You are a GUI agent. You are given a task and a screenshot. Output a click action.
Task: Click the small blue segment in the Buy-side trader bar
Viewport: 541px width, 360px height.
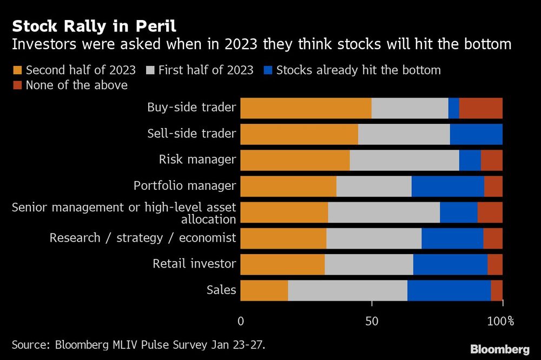tap(453, 108)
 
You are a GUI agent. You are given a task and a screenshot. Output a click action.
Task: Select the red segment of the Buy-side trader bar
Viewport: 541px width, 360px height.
tap(480, 108)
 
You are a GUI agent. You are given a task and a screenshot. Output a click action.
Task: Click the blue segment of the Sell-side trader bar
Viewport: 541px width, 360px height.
tap(476, 134)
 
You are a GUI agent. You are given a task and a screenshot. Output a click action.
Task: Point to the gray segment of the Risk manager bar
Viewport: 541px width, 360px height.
tap(404, 160)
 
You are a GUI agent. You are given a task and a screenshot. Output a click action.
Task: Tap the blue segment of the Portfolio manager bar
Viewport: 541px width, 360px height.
tap(447, 186)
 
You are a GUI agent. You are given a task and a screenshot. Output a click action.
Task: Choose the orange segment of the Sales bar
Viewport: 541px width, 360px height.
tap(264, 290)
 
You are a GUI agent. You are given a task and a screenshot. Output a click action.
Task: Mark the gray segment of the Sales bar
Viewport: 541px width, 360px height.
tap(347, 290)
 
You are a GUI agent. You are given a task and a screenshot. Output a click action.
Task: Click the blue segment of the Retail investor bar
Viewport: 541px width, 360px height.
tap(450, 264)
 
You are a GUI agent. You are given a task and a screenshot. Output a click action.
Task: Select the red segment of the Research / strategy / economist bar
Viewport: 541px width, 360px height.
tap(492, 238)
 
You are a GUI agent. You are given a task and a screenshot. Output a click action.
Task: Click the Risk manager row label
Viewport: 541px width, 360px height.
tap(197, 159)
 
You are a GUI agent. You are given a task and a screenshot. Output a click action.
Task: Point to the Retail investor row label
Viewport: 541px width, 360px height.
tap(194, 264)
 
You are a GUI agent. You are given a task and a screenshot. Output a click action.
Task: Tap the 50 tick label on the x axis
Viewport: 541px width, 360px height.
tap(372, 321)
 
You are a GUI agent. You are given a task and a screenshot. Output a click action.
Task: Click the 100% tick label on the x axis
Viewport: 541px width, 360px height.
tap(500, 321)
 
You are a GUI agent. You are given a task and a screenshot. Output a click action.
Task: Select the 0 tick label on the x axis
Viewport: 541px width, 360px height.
tap(241, 321)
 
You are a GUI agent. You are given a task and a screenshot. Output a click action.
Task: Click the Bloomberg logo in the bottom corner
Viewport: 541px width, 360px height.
tap(499, 349)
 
